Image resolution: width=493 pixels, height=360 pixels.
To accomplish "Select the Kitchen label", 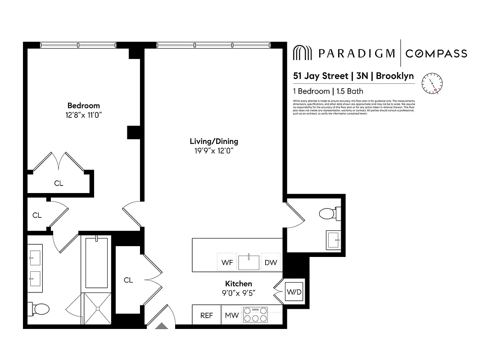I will (x=238, y=284).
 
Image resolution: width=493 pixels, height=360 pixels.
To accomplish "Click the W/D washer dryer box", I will (x=294, y=292).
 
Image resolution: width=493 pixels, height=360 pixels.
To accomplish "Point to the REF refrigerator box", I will (x=206, y=315).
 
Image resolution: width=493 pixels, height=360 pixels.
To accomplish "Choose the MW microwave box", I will (x=231, y=315).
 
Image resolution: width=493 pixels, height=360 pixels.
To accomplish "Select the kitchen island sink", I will (x=249, y=262).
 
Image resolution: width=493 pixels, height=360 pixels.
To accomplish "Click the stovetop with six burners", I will (x=255, y=315).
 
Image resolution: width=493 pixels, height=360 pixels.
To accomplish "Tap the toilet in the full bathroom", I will (x=39, y=309).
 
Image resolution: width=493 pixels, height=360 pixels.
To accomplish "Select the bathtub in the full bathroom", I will (x=96, y=262).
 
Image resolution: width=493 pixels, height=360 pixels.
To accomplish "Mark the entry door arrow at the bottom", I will (x=161, y=326).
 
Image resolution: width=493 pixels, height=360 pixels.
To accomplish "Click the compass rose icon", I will (x=432, y=83).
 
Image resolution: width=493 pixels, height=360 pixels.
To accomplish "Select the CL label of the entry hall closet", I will (x=128, y=280).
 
